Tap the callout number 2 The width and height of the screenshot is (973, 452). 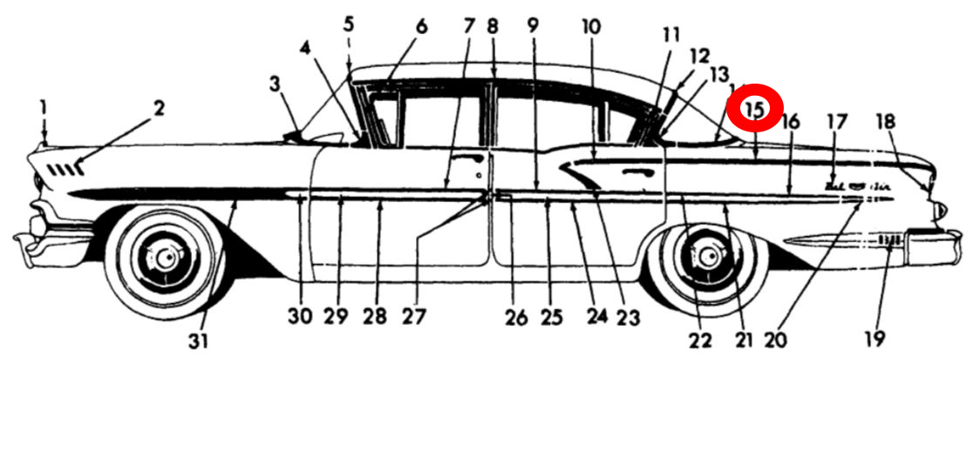(x=159, y=108)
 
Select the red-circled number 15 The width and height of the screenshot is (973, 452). (x=756, y=109)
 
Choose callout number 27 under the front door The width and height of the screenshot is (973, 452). (x=414, y=317)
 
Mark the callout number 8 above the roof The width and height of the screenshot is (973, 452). (x=493, y=26)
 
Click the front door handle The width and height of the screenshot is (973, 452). (x=472, y=159)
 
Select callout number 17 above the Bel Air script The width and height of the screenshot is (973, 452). (x=836, y=122)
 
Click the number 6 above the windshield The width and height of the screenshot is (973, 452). (x=422, y=26)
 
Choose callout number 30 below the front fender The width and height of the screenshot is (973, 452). (x=300, y=317)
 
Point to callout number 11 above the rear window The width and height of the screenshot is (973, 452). (x=670, y=36)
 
